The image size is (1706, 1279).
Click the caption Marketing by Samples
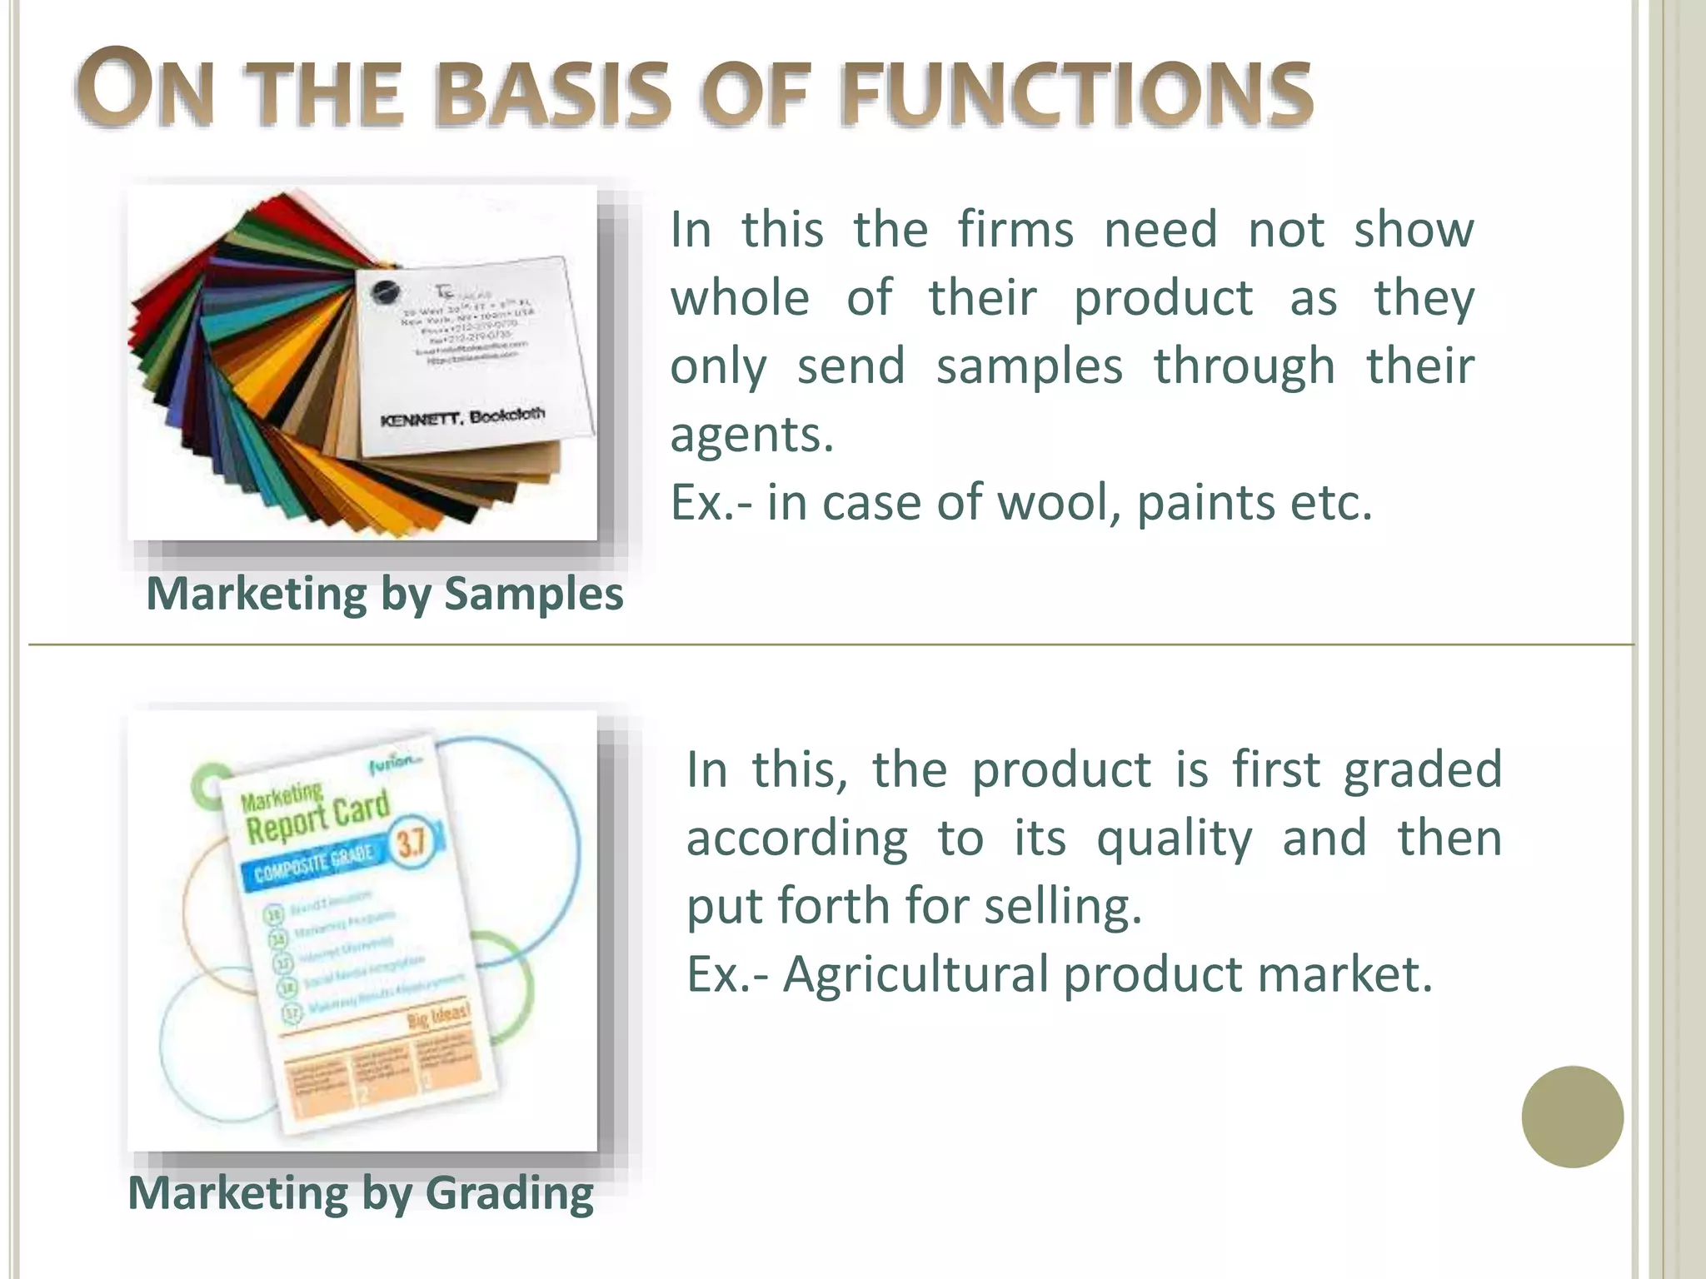point(384,595)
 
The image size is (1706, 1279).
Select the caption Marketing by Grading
point(360,1193)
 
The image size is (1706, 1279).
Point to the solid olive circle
point(1572,1117)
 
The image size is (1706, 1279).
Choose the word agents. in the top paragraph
point(751,435)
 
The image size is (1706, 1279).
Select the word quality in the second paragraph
point(1173,838)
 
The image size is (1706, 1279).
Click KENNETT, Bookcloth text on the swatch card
point(463,417)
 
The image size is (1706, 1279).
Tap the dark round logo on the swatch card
point(386,292)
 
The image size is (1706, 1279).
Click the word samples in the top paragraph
point(1029,366)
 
